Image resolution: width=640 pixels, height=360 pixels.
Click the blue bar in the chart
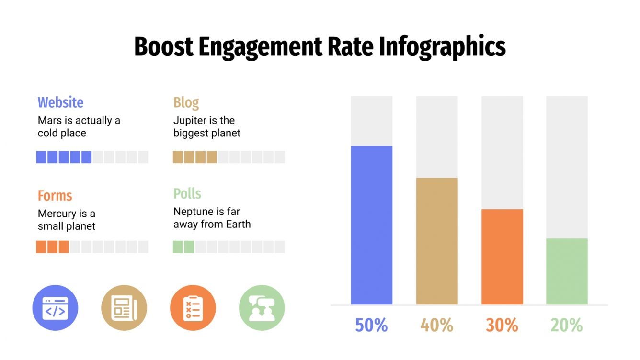coord(371,225)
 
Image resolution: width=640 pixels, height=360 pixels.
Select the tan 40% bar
coord(436,241)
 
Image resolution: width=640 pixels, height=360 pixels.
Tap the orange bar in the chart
coord(502,257)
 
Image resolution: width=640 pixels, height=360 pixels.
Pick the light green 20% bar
coord(567,271)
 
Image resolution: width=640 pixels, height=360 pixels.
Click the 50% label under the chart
coord(371,326)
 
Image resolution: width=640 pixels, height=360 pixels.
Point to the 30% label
coord(502,326)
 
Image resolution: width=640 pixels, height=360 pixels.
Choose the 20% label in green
coord(567,326)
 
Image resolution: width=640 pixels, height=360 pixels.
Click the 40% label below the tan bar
coord(436,326)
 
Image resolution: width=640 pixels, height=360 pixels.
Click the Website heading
coord(60,102)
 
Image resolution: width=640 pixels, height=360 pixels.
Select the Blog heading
coord(186,102)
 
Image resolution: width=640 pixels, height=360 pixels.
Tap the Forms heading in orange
coord(55,196)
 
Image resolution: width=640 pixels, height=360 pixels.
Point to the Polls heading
coord(187,194)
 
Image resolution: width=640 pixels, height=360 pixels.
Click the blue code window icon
coord(55,308)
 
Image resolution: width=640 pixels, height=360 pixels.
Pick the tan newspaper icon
coord(124,308)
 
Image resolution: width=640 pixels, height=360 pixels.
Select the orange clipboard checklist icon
coord(193,308)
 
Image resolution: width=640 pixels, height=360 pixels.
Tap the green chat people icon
coord(262,308)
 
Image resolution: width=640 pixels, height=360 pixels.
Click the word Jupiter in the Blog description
coord(189,120)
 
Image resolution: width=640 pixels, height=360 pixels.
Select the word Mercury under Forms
coord(56,214)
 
